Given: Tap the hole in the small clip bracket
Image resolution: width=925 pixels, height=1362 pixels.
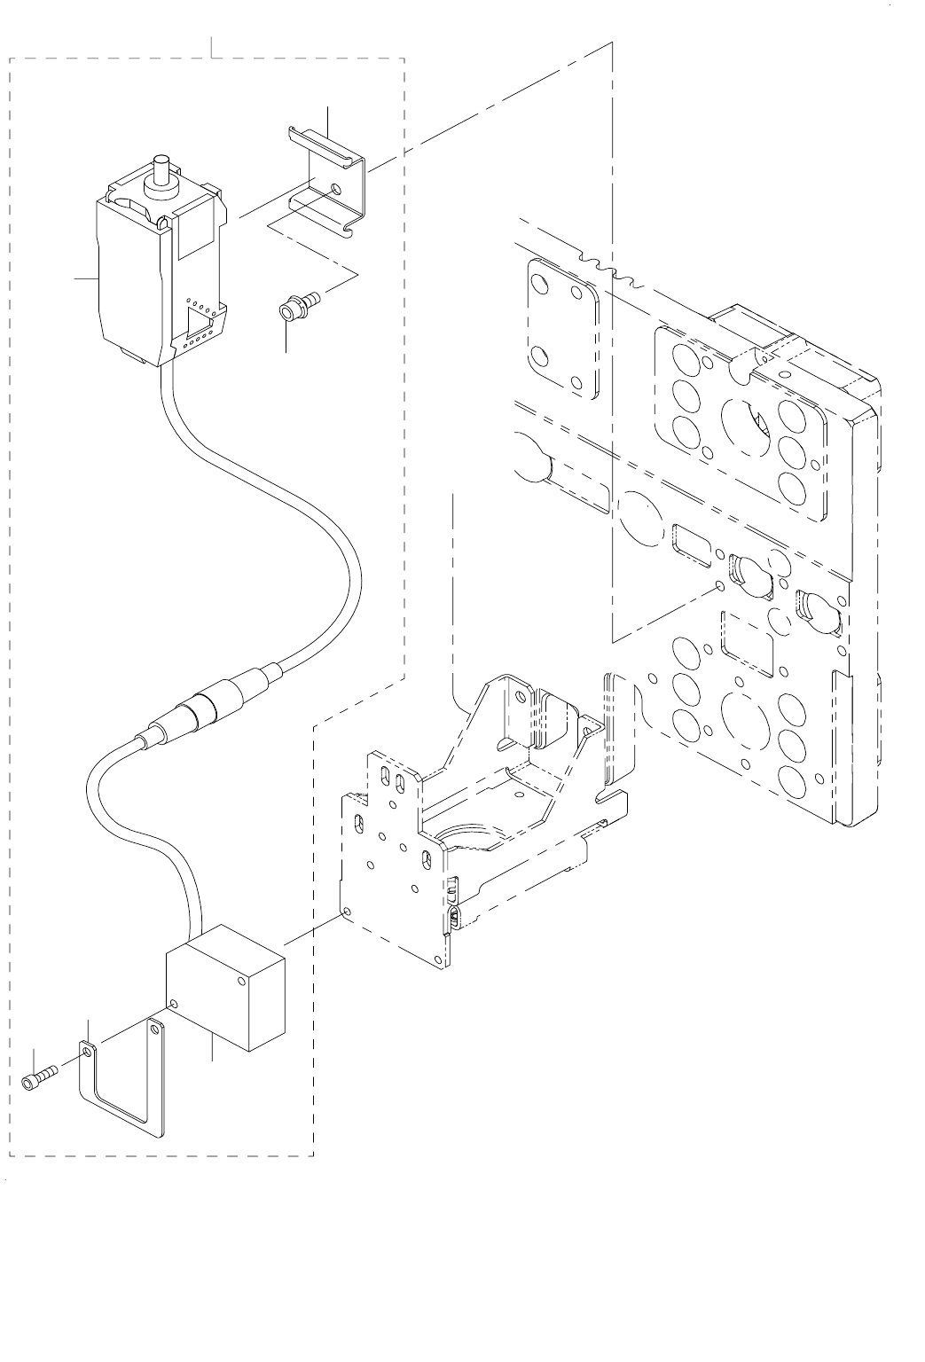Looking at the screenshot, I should click(x=334, y=189).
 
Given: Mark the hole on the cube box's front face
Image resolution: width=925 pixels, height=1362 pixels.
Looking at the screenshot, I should click(x=175, y=1003).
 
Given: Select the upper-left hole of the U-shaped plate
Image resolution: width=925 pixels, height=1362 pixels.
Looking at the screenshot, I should click(x=87, y=1052).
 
